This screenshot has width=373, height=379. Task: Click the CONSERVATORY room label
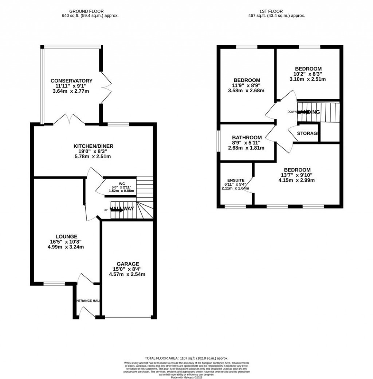coord(71,81)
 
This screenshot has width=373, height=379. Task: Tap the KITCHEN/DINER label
coord(93,146)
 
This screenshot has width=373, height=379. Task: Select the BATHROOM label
coord(248,137)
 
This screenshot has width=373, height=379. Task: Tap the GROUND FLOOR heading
coord(90,11)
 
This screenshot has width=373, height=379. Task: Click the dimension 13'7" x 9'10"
coord(297,175)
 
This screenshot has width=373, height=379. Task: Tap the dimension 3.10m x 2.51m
coord(308,79)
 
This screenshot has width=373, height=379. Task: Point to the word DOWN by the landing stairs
coord(292,112)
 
